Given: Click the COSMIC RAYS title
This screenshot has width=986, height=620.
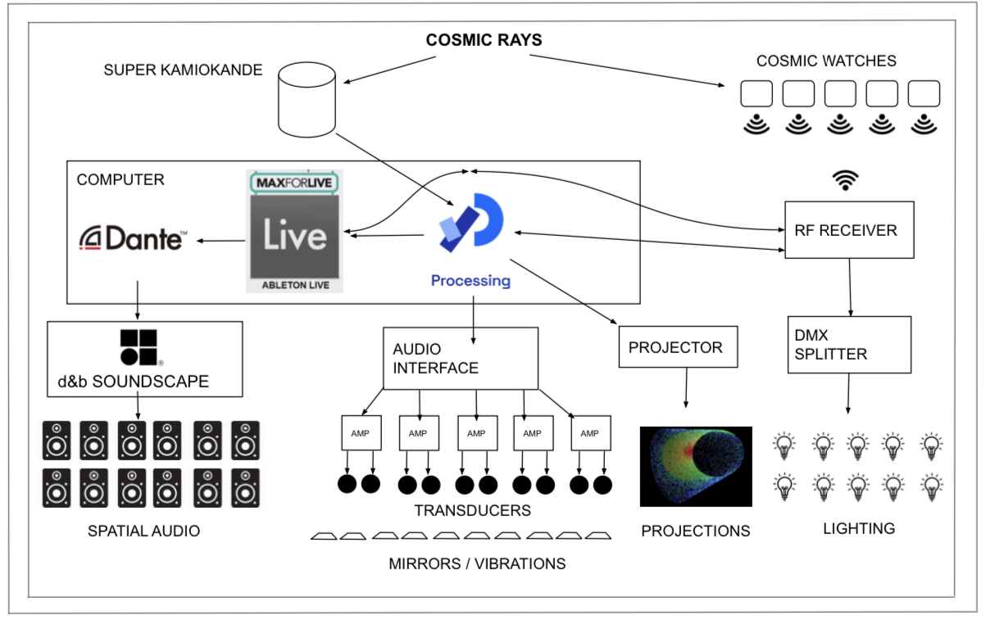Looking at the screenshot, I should click(484, 39).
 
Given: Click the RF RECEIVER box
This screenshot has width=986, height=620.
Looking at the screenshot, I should click(849, 230).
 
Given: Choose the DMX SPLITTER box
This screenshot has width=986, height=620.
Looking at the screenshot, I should click(849, 345).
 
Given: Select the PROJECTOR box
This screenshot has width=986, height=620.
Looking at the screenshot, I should click(678, 347).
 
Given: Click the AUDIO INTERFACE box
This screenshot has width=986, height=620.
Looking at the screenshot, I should click(461, 359).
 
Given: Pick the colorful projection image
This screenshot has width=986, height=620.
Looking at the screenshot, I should click(696, 465).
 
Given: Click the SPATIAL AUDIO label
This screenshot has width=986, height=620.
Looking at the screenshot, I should click(143, 531).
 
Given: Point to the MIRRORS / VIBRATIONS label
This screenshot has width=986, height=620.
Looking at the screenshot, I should click(477, 563).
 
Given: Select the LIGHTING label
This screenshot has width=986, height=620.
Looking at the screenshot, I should click(859, 528).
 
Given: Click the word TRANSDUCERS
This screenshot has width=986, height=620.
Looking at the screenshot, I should click(472, 510).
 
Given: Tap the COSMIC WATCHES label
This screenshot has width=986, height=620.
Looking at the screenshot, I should click(826, 61).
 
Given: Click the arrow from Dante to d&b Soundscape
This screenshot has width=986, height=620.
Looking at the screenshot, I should click(137, 300).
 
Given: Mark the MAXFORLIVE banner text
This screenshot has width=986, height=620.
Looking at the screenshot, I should click(294, 182).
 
